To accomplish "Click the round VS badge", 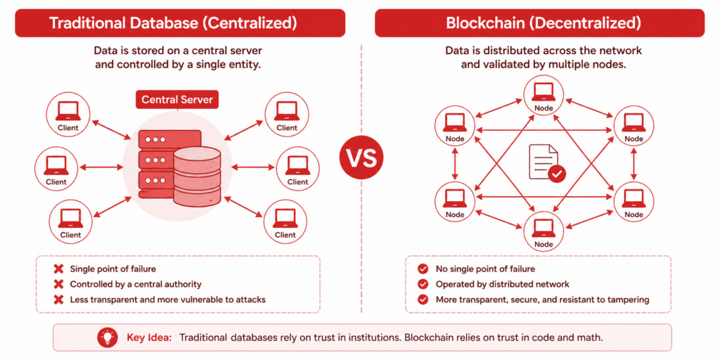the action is coord(361,157).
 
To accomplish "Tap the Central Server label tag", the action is coord(176,100).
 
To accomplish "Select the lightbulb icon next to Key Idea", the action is coord(108,337).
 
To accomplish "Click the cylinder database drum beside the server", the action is coord(197,176).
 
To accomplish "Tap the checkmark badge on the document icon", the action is coord(557,174).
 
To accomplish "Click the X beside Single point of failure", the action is coord(59,269).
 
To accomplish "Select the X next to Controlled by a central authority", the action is coord(59,284).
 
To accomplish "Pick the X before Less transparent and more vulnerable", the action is coord(59,300).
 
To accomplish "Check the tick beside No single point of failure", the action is coord(422,269).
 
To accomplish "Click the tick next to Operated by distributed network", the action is coord(422,284).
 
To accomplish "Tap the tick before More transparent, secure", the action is coord(422,300).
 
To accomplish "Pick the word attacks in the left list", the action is coord(251,300).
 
